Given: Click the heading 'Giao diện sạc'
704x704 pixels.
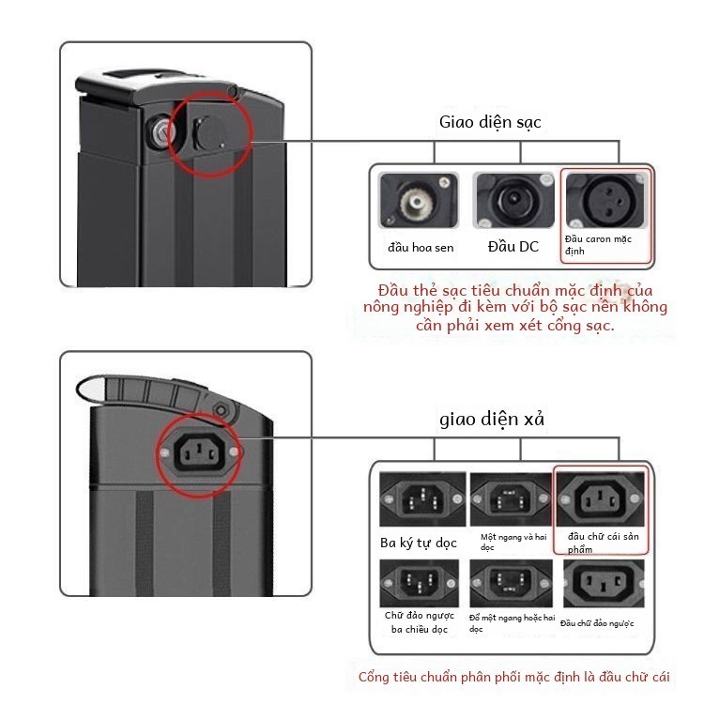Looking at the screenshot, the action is [490, 122].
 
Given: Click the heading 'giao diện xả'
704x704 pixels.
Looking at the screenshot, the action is [492, 419].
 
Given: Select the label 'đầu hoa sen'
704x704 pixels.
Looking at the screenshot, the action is [421, 248].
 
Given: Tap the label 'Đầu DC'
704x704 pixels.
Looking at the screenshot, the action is [513, 247].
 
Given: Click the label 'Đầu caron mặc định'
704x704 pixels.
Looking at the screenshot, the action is [598, 245].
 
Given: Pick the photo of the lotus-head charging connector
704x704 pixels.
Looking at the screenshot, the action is [419, 200].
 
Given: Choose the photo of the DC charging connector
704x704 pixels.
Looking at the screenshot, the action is [513, 200].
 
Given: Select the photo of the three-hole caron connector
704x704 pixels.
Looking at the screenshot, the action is [605, 200].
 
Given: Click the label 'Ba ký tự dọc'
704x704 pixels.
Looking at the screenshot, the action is [419, 543].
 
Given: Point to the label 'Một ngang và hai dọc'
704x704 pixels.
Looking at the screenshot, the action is [513, 542].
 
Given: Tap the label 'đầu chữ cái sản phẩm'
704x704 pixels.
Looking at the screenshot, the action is [603, 543].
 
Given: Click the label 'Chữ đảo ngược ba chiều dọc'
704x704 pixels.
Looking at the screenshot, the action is [420, 622].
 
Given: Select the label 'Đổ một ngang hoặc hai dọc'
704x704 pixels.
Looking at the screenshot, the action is [512, 623].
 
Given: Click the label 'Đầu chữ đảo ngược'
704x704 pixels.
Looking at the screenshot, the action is [597, 623].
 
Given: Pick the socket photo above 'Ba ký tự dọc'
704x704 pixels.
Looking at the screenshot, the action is [422, 499].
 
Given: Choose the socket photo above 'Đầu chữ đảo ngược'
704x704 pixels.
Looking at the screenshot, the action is [604, 583].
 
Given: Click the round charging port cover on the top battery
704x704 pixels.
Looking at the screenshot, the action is [210, 133].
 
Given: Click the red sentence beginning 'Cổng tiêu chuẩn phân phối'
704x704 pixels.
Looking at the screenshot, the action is [514, 677].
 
